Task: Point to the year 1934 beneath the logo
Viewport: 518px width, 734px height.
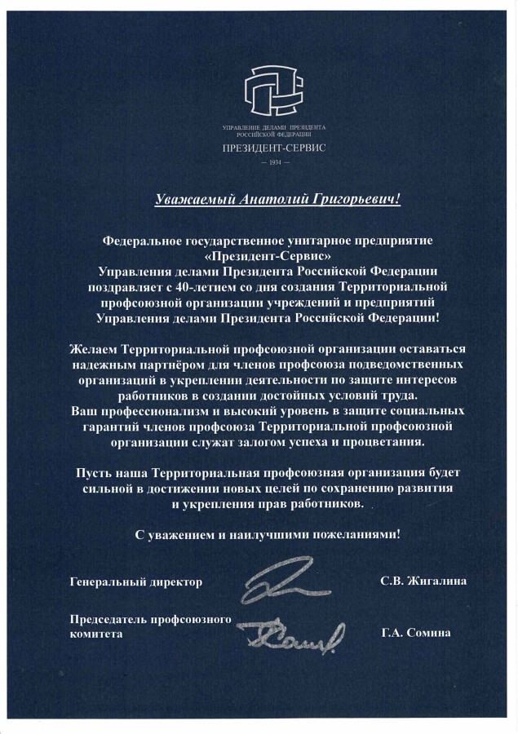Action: [x=273, y=164]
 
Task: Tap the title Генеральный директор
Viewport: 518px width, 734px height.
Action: [x=136, y=582]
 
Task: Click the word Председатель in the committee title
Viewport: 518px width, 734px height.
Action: [x=111, y=618]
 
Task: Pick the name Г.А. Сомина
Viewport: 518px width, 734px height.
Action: [x=414, y=634]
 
